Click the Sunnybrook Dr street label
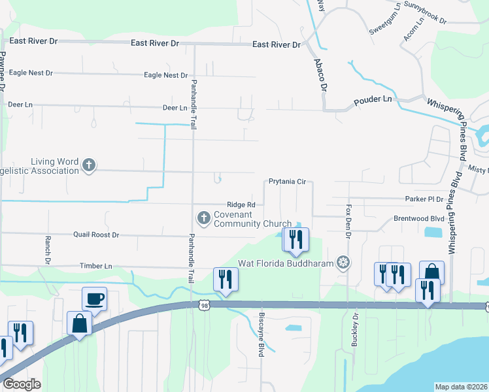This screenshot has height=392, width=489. tap(424, 13)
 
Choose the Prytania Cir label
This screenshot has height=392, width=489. tap(287, 182)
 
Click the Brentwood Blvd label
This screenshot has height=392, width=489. tap(419, 219)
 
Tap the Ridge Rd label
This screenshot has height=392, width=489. tap(241, 204)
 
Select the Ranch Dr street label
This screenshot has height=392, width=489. tap(48, 250)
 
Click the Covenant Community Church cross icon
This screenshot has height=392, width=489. tap(203, 218)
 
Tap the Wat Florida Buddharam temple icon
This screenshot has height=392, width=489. tap(342, 263)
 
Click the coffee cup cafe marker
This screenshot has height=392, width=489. tap(94, 298)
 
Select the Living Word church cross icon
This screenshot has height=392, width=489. tap(89, 166)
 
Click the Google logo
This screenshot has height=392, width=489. tap(22, 384)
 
